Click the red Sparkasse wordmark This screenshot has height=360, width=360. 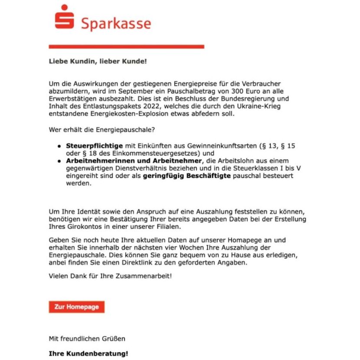pyautogui.click(x=116, y=23)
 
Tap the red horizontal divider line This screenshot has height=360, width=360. pyautogui.click(x=126, y=46)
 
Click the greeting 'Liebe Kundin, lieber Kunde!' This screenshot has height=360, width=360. pyautogui.click(x=97, y=61)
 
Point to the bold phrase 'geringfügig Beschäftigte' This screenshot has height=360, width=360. pyautogui.click(x=187, y=176)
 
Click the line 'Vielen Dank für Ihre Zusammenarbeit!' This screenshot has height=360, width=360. pyautogui.click(x=110, y=275)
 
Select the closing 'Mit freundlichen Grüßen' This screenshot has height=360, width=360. pyautogui.click(x=87, y=338)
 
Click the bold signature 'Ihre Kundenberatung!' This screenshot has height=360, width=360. pyautogui.click(x=88, y=354)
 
